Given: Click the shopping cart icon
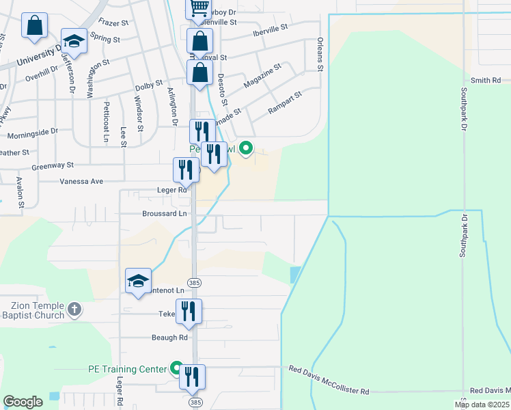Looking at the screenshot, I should [199, 8].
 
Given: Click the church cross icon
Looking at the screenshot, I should [74, 310].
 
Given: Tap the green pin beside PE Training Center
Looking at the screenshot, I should [177, 369].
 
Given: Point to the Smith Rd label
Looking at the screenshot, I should [486, 81].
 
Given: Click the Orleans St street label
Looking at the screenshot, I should [320, 53].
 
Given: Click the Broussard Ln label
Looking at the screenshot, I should [164, 214].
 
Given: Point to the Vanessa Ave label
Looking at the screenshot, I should [81, 181].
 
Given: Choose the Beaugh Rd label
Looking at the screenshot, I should [169, 338].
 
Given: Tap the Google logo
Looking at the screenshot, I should [23, 401].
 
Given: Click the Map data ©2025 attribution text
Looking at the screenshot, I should [482, 405].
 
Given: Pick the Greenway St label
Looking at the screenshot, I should [52, 165].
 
